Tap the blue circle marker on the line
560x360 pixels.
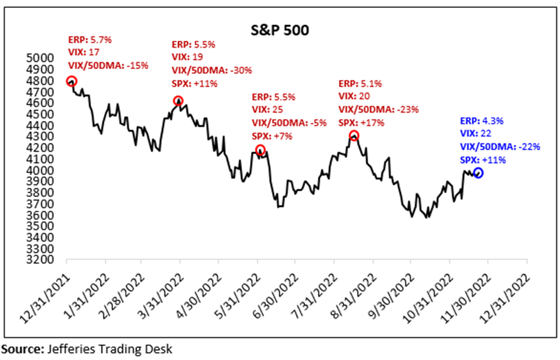tap(479, 173)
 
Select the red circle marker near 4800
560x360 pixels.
tap(71, 81)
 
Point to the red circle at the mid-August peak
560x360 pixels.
tap(354, 136)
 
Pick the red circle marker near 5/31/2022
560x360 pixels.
tap(260, 150)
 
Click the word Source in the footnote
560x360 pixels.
tap(20, 350)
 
